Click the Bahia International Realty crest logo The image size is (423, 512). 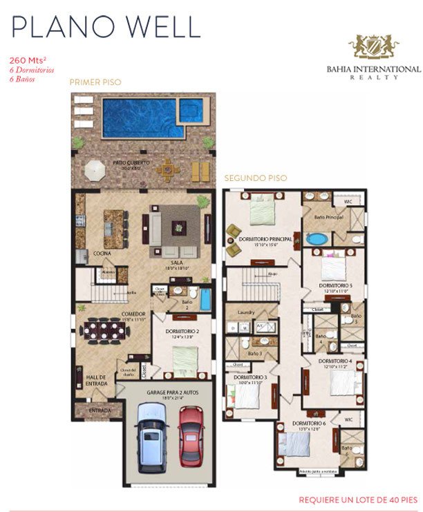373,47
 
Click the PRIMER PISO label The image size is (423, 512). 95,82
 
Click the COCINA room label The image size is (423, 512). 103,253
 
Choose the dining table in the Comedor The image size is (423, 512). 106,330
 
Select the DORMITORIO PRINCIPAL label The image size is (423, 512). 263,239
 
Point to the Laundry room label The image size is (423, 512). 247,312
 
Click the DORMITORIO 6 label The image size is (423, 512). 309,423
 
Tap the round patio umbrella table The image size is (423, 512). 95,169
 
